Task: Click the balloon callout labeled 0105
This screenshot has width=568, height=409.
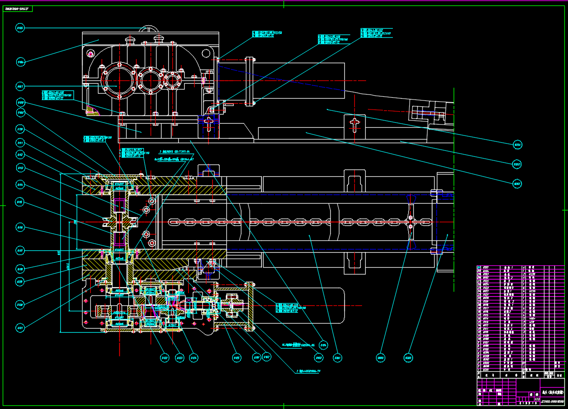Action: (20, 28)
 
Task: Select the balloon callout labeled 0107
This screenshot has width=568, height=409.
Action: (20, 86)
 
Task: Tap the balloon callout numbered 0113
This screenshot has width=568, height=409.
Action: (20, 168)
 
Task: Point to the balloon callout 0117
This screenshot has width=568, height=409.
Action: (20, 250)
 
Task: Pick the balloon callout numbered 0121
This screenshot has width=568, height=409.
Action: (20, 327)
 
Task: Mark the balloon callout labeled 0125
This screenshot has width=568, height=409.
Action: (236, 358)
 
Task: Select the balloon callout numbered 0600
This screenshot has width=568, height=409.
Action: (381, 358)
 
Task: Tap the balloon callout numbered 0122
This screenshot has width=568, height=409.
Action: (164, 358)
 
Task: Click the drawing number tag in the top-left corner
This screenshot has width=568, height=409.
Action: (19, 9)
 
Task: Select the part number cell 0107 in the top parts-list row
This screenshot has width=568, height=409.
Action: (486, 268)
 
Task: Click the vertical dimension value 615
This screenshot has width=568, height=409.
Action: (59, 253)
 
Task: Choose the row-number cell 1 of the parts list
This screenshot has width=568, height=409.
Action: (479, 370)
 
